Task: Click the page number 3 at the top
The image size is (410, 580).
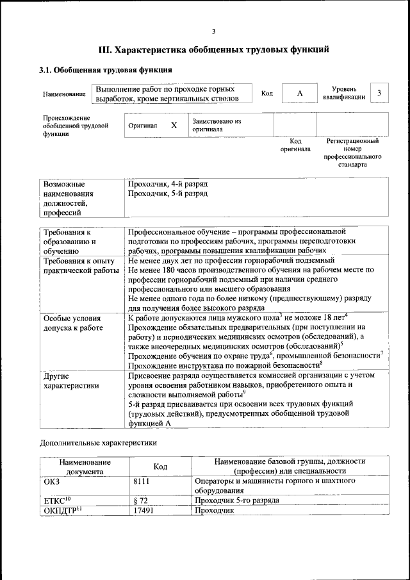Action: point(213,31)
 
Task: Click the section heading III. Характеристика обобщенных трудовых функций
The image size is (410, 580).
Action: point(213,49)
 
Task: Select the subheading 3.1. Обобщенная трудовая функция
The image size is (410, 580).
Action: point(105,70)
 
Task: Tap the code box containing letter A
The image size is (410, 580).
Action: point(299,94)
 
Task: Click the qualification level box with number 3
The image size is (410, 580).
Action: point(379,93)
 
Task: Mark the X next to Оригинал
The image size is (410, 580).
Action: point(174,126)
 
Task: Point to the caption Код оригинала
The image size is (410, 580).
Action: point(295,145)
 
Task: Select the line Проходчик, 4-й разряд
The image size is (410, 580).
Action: point(168,184)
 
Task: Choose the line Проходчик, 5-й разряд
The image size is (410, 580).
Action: point(168,193)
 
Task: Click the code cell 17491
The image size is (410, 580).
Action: point(144,511)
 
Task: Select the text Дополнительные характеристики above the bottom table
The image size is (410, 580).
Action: point(98,442)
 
